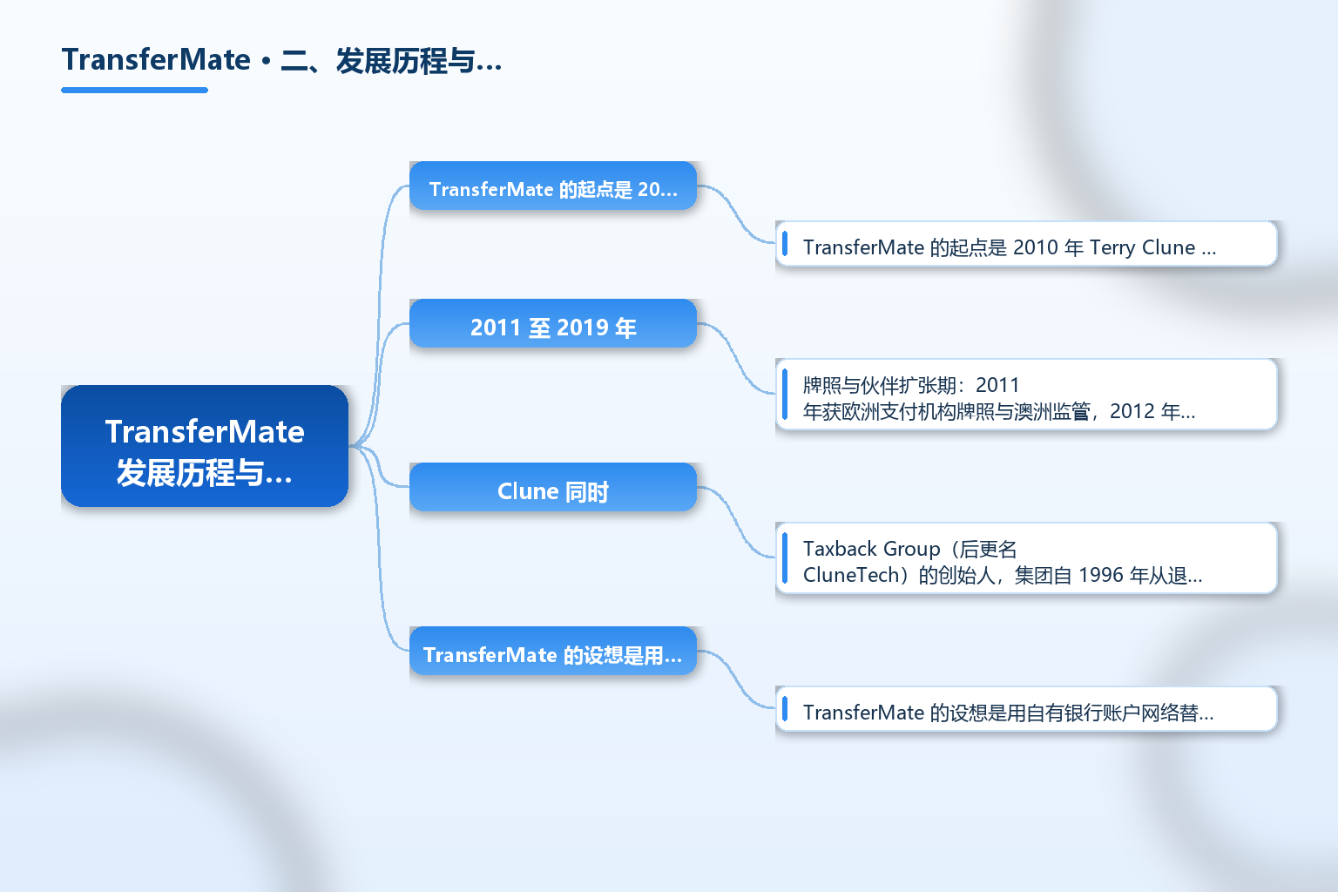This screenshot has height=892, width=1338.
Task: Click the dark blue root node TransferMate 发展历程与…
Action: (205, 446)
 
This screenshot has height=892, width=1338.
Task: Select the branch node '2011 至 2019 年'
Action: (553, 323)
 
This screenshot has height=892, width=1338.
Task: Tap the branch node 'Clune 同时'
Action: (553, 487)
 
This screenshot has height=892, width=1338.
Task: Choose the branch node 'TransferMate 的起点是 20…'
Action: (553, 186)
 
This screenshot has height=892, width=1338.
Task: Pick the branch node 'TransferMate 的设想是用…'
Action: (553, 651)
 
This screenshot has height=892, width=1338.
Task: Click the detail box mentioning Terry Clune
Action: (1026, 244)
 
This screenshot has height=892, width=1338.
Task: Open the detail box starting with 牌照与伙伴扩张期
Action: (1026, 395)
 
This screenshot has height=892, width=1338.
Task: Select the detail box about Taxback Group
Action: (1026, 558)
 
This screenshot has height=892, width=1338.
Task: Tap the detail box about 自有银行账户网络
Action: (1026, 708)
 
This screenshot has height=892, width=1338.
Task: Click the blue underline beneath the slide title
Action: (134, 91)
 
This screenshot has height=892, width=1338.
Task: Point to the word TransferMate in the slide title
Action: (156, 60)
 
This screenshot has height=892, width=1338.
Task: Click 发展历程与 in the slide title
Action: (406, 60)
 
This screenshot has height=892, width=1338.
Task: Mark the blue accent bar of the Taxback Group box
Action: (785, 558)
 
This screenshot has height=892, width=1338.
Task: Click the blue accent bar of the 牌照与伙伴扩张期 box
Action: (785, 395)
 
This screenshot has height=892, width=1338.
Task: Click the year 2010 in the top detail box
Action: (1036, 247)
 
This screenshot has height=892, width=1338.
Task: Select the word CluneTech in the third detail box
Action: (851, 575)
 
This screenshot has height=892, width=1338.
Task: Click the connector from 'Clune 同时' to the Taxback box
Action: (736, 520)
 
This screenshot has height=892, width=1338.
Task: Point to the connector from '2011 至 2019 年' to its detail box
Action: (736, 356)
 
